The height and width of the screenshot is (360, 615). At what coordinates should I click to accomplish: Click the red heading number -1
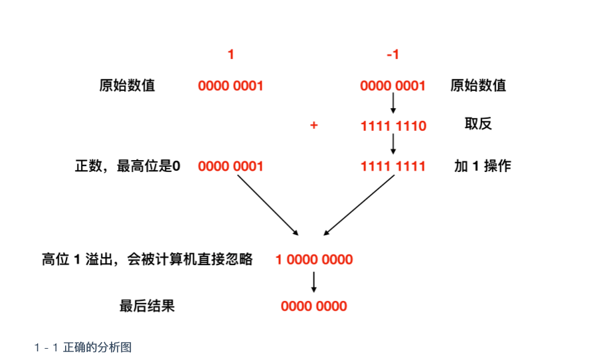(393, 54)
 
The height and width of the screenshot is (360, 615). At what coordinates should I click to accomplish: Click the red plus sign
(313, 126)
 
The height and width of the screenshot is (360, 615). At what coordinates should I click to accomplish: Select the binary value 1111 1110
(393, 126)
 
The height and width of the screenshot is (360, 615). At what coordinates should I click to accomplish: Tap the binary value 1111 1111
(393, 167)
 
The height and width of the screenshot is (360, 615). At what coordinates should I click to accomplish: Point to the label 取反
(478, 124)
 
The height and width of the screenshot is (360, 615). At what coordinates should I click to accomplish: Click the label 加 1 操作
(482, 166)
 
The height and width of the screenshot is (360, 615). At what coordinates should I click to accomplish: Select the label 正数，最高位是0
(128, 166)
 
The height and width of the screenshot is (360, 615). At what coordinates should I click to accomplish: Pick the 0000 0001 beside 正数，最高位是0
(230, 167)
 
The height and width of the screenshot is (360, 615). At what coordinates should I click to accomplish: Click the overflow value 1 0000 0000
(314, 260)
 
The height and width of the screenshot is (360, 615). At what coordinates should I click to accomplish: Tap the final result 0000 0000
(314, 306)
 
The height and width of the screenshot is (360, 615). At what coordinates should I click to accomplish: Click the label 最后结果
(147, 306)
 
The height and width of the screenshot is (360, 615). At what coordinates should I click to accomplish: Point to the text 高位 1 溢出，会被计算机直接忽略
(147, 259)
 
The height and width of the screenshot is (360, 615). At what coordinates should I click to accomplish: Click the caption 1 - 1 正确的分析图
(83, 347)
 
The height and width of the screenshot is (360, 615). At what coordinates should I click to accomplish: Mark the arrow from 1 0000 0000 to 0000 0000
(314, 282)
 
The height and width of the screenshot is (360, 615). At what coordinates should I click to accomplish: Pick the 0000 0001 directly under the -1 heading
(393, 86)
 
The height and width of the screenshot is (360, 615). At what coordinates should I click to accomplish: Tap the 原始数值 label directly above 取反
(478, 85)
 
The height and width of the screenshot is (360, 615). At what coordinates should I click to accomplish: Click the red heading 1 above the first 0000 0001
(230, 54)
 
